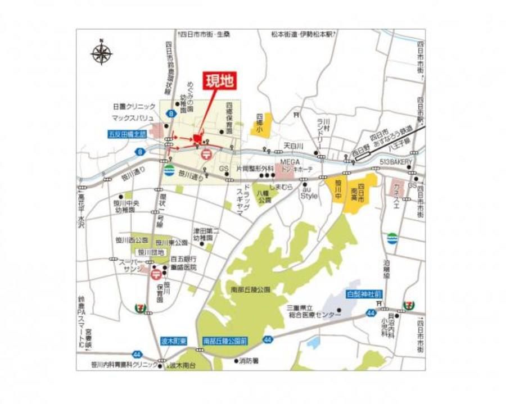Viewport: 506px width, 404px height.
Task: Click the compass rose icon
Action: (101, 53)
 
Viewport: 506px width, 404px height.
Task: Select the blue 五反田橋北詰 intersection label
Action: (128, 135)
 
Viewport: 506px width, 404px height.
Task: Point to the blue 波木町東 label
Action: (172, 341)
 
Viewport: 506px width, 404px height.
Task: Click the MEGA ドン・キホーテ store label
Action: (297, 165)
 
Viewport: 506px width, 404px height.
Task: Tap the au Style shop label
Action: (309, 193)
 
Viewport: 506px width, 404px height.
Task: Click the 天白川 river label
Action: (293, 146)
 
